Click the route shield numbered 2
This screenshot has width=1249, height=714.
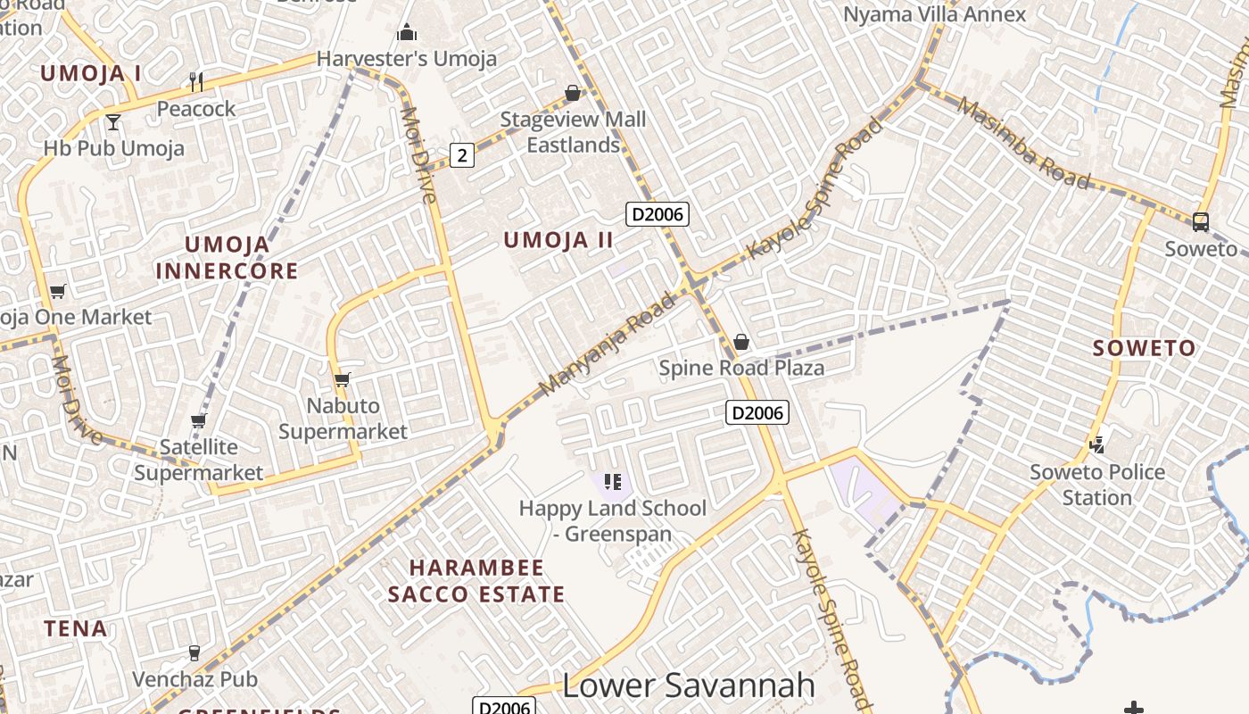[461, 155]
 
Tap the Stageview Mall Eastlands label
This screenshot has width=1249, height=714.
[573, 131]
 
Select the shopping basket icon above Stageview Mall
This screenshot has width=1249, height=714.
[573, 94]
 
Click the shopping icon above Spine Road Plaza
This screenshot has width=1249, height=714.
[740, 342]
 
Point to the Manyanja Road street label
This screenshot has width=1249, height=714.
[608, 345]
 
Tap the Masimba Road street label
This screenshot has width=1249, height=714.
[1023, 143]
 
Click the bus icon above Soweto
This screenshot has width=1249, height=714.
[1201, 221]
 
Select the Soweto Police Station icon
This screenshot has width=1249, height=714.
[1097, 444]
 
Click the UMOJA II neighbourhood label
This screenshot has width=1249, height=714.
[558, 240]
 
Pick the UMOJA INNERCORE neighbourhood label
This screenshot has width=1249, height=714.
[227, 257]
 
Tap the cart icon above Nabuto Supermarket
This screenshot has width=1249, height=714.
[342, 380]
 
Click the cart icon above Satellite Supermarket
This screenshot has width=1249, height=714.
[198, 421]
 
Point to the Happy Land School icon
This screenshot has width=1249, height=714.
[612, 483]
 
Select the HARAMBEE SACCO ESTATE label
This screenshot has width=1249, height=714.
[476, 581]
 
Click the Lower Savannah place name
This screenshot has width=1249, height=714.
[689, 685]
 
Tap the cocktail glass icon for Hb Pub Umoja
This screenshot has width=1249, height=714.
[113, 121]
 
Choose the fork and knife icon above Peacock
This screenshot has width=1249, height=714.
[196, 82]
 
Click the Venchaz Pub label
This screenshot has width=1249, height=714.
[194, 679]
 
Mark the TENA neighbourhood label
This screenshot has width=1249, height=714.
[76, 628]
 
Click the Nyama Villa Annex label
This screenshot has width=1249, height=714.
[934, 14]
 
